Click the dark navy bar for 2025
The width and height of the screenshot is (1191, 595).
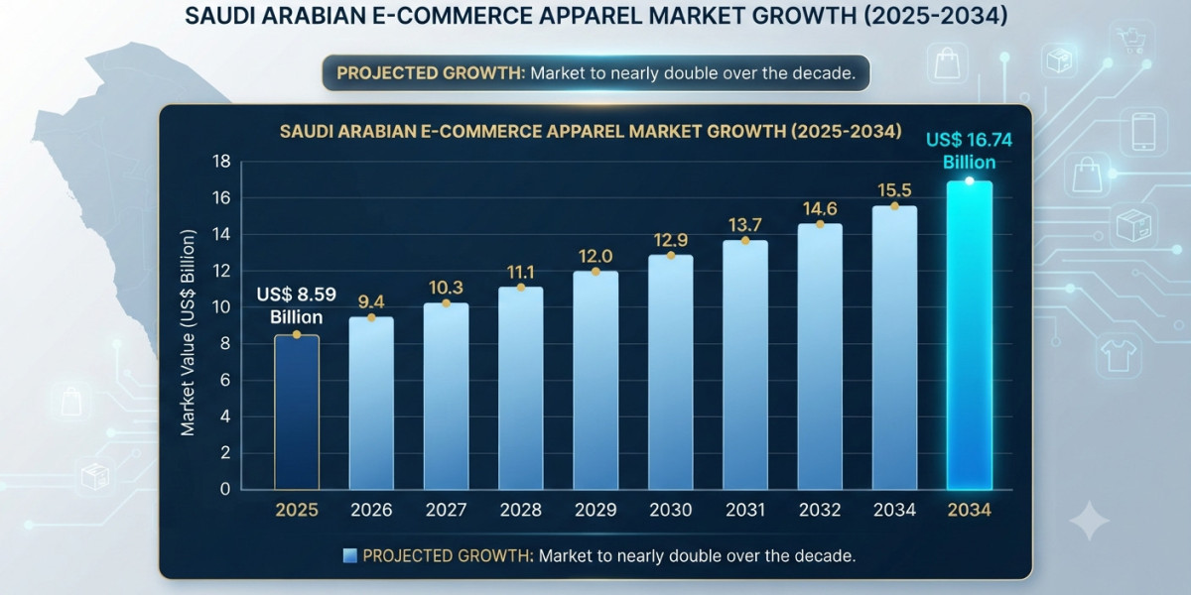tap(297, 412)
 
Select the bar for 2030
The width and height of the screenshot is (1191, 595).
tap(671, 372)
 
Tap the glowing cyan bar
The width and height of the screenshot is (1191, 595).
tap(970, 335)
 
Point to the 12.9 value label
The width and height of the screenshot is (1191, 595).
tap(671, 240)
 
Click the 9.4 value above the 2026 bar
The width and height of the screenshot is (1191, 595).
tap(371, 301)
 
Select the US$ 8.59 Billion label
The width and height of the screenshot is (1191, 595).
tap(296, 305)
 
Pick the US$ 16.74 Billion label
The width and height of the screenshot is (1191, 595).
tap(969, 151)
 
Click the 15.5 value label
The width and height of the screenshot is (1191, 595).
tap(894, 190)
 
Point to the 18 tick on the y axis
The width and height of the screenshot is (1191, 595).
tap(221, 162)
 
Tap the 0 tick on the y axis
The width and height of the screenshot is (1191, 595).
tap(225, 489)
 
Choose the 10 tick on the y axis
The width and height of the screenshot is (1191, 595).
tap(221, 307)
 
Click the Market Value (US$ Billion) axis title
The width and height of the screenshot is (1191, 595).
tap(188, 333)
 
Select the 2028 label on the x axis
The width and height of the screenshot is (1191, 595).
tap(520, 510)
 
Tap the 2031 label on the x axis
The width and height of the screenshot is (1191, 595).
tap(745, 510)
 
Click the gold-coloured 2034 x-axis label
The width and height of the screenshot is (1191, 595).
tap(970, 510)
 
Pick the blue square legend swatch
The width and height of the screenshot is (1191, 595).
tap(349, 555)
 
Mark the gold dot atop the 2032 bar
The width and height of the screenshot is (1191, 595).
tap(820, 224)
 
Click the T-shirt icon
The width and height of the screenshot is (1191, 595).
tap(1118, 356)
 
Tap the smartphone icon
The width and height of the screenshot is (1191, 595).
tap(1143, 132)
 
